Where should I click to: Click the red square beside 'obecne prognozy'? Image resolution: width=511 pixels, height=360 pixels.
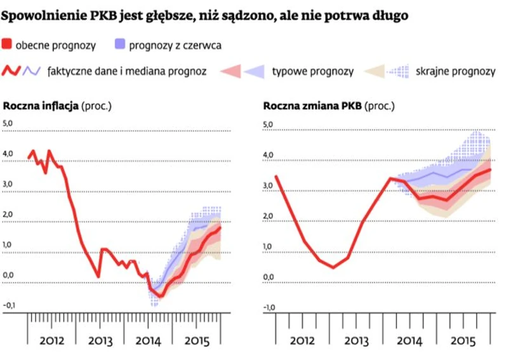(7, 44)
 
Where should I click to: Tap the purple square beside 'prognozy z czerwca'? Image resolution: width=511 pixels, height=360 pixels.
(119, 44)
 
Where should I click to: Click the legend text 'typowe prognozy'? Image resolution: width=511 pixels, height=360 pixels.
(312, 71)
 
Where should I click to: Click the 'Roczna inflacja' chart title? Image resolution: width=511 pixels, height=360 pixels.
(41, 105)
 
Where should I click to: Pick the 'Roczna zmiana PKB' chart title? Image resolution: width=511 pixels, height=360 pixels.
(312, 105)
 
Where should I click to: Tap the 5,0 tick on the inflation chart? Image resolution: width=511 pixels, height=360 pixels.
(8, 123)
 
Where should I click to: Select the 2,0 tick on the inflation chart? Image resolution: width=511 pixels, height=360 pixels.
(8, 214)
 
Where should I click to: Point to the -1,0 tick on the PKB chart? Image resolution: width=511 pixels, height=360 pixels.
(269, 309)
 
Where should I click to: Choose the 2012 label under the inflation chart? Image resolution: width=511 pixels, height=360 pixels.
(51, 340)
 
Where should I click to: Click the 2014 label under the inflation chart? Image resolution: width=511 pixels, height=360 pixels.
(149, 340)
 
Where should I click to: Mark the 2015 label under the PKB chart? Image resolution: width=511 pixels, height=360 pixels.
(463, 340)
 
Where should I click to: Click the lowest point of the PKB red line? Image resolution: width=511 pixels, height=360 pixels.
(333, 267)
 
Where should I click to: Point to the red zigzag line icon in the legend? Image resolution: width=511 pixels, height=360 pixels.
(12, 71)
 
